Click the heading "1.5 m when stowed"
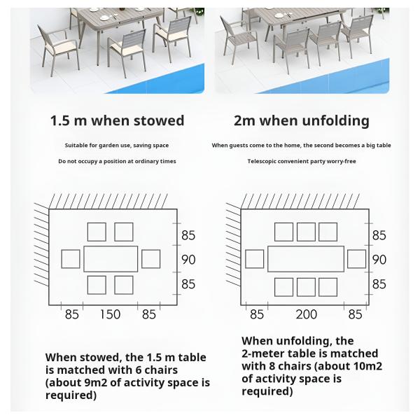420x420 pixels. (x=117, y=120)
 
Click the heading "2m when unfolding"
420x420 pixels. (x=301, y=120)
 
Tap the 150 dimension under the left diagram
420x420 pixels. (x=110, y=314)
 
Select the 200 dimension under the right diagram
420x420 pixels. (x=307, y=314)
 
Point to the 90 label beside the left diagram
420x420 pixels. (x=188, y=260)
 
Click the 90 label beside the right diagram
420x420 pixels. (x=379, y=260)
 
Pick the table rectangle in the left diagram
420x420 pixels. (x=111, y=258)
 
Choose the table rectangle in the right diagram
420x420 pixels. (x=306, y=258)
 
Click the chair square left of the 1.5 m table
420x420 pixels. (x=71, y=258)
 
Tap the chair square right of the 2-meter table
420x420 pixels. (x=356, y=258)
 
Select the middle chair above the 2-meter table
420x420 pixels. (x=306, y=232)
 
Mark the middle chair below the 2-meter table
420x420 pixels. (x=306, y=287)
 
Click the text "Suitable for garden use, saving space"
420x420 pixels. (x=117, y=146)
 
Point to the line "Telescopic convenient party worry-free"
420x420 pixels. (x=301, y=161)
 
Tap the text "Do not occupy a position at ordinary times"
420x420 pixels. (x=117, y=161)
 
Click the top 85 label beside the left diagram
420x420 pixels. (x=188, y=236)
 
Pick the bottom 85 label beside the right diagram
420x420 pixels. (x=379, y=284)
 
